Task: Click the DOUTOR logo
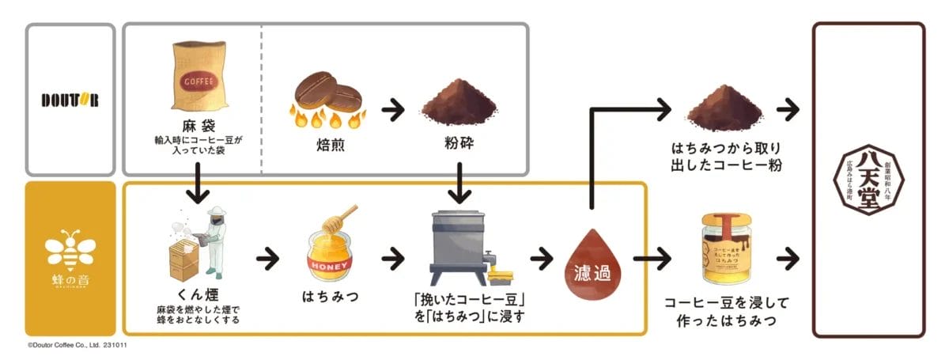(x=70, y=100)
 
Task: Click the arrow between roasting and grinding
(x=392, y=108)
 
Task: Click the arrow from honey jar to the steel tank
(x=392, y=258)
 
